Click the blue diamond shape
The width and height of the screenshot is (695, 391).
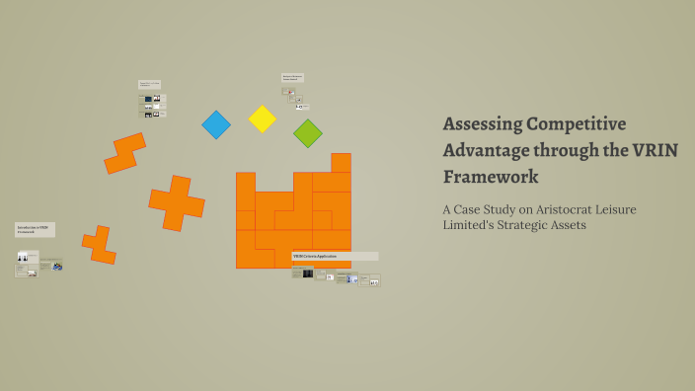[x=215, y=124]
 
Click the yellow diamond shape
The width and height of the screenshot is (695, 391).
[x=262, y=118]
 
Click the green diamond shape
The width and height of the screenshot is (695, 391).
[x=307, y=133]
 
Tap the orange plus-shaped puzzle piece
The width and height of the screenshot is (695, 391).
[x=177, y=203]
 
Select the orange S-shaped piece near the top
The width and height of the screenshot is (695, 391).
[x=124, y=153]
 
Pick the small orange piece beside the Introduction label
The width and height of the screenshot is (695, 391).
[x=99, y=244]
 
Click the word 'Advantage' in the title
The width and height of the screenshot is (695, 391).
[x=486, y=150]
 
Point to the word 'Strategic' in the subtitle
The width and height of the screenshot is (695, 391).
[x=533, y=226]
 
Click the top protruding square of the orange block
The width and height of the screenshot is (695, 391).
[x=341, y=162]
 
